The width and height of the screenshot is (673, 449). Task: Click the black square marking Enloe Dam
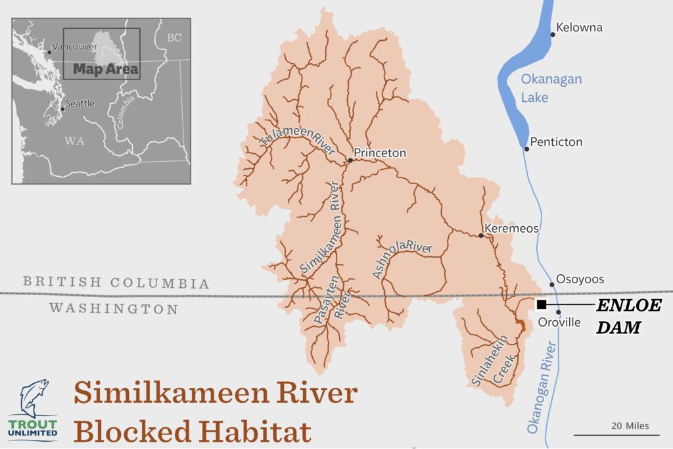pos(542,304)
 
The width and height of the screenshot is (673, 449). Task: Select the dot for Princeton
pos(350,160)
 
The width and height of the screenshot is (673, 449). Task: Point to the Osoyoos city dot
pos(552,285)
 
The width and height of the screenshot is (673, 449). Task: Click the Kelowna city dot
pos(553,34)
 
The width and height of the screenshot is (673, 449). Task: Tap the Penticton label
pos(556,142)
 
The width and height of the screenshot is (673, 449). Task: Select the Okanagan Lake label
pos(551,88)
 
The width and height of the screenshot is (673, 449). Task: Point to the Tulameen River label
pos(297,140)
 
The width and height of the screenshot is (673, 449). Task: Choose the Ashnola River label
pos(401,258)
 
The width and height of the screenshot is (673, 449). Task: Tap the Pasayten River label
pos(330,314)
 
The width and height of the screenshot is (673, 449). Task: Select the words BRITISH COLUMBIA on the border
pos(116,283)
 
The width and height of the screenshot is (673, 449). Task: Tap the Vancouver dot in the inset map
pos(50,52)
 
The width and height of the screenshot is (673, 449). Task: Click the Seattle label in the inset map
pos(80,103)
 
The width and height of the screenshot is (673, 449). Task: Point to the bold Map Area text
pos(105,69)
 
